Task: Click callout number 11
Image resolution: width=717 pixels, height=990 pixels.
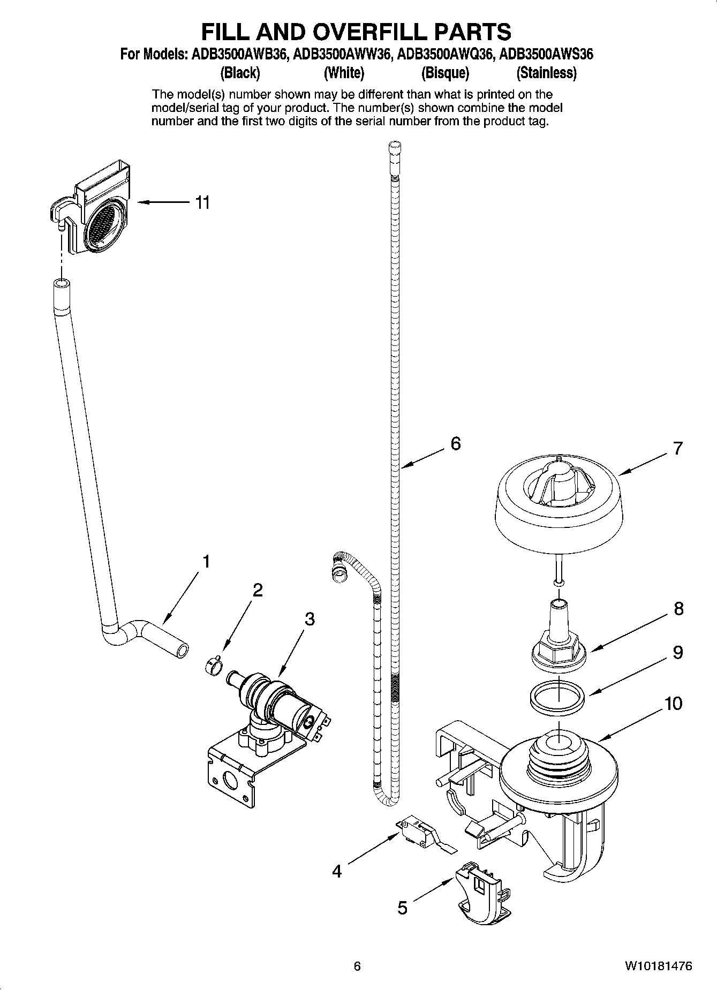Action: coord(202,203)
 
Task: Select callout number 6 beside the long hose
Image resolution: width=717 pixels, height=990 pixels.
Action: coord(455,443)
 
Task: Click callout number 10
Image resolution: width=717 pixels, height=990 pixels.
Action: coord(674,703)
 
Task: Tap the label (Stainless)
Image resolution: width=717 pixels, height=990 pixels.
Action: coord(546,73)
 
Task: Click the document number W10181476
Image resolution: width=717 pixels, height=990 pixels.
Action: coord(658,966)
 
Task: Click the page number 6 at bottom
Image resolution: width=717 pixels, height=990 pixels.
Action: coord(357,966)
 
